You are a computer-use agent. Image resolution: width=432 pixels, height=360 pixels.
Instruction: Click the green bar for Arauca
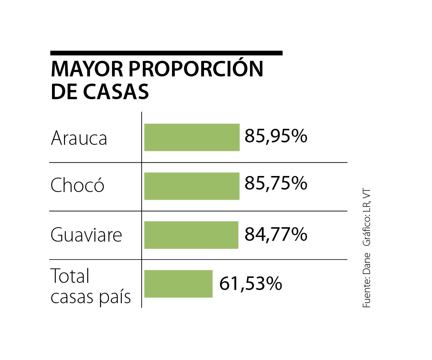192,137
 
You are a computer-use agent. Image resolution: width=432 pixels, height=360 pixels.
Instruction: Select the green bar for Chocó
192,186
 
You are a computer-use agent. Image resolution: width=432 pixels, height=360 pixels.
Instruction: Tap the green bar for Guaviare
191,235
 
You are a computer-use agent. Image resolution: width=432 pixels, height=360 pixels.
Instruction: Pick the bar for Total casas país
178,284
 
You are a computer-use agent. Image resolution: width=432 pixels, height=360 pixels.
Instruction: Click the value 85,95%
276,136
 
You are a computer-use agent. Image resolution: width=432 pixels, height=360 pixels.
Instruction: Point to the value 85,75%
276,184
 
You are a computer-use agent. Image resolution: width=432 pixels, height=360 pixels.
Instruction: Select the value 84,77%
276,234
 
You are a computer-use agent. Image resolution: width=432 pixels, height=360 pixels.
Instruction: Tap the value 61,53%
251,284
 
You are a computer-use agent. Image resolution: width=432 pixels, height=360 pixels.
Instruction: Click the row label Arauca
79,138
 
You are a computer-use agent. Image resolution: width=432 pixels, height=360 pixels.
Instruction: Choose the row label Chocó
78,186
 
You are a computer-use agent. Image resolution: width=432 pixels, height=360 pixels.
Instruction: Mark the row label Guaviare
86,235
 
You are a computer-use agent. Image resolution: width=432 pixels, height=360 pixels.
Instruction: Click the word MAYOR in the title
86,70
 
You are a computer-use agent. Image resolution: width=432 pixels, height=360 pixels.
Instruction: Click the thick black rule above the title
166,53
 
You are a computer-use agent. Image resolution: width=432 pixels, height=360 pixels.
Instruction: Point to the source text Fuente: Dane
367,280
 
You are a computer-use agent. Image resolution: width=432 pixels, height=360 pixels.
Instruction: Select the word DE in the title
64,92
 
